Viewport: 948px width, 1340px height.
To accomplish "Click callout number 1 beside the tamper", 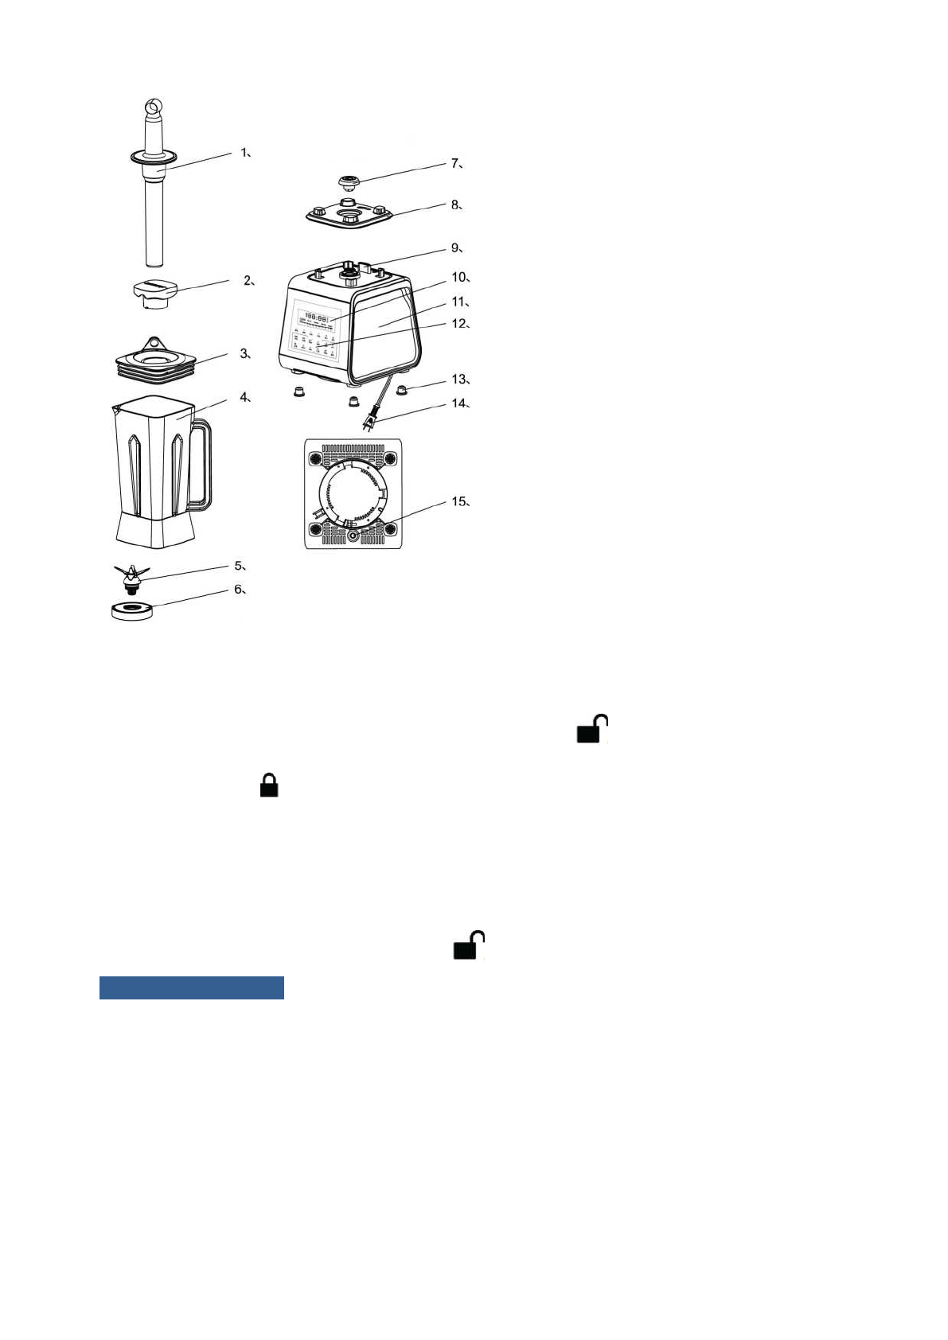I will pos(245,152).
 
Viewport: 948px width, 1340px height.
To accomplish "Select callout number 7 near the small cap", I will pos(455,163).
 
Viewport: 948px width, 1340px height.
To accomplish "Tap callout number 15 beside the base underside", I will pos(458,501).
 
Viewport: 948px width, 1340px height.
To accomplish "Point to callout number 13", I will pos(459,380).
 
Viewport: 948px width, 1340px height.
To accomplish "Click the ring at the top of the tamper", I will pos(154,107).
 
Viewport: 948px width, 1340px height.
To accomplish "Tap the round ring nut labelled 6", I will pos(132,611).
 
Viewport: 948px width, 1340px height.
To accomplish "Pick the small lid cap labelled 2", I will pos(154,293).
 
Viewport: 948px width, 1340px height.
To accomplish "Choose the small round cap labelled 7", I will pos(349,184).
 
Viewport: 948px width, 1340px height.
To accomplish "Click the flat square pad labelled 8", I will pos(349,213).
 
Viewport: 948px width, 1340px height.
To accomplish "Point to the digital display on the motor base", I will pos(317,317).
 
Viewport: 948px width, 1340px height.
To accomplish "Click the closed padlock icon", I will pos(269,785).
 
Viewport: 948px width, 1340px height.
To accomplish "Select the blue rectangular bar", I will pos(191,987).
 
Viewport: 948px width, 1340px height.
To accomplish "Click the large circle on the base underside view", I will pos(353,493).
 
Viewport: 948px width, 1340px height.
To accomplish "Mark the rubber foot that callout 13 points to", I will pos(402,390).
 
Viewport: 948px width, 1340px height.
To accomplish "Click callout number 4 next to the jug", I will pos(245,397).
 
